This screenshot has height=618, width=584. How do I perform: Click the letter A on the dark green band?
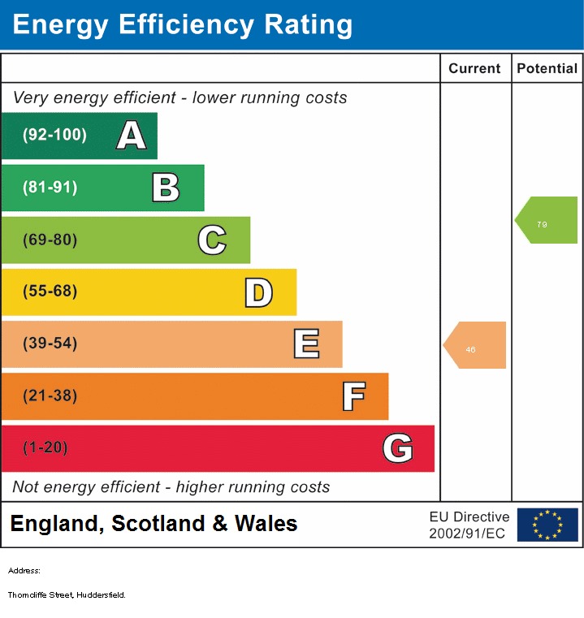pos(131,136)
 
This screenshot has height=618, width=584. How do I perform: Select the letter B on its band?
pos(166,188)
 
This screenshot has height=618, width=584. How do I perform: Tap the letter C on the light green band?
pos(212,240)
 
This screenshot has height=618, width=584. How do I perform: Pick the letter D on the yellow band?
pos(258,292)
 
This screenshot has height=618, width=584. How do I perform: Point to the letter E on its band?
pos(305,344)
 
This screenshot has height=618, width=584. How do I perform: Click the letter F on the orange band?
pos(353,396)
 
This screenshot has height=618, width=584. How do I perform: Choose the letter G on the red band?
pos(398,448)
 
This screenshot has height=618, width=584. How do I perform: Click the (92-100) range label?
pos(55,136)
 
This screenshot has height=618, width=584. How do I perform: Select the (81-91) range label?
pos(50,188)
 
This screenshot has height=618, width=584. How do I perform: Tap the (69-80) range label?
pos(50,240)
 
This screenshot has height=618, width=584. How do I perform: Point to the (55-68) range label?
pos(50,292)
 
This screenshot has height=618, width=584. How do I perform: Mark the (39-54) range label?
pos(50,344)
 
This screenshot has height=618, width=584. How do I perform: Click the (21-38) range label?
pos(50,396)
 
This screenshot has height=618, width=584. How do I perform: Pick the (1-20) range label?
pos(45,448)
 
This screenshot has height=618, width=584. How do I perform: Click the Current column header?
pos(475,69)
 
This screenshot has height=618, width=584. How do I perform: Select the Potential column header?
pos(547,69)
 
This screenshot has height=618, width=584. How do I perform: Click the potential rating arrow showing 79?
pos(547,220)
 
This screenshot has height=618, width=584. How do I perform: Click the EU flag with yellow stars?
pos(547,525)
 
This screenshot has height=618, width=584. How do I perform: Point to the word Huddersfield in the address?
pos(102,595)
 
